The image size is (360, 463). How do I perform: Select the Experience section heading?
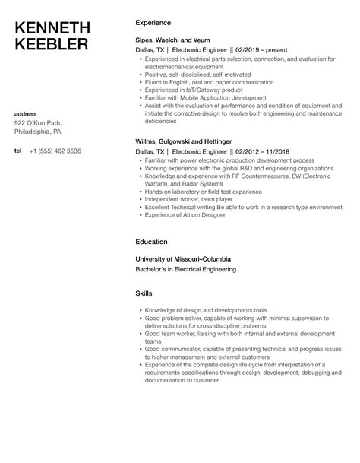[152, 22]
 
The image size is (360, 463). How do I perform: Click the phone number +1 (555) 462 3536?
[58, 151]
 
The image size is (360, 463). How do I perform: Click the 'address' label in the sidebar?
[27, 114]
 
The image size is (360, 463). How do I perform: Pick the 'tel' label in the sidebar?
[18, 151]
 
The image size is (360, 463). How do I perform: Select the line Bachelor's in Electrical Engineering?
[188, 268]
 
